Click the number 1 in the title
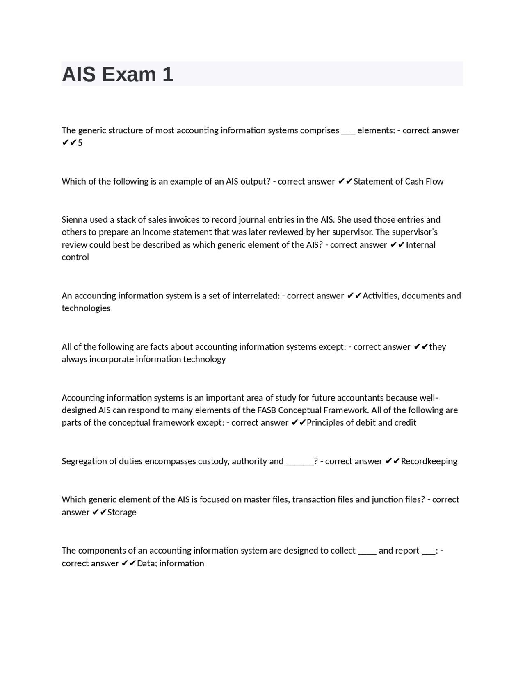[x=168, y=74]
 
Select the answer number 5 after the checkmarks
[x=80, y=143]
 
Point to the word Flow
[x=435, y=181]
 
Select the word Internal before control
[x=421, y=245]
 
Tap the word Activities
[x=381, y=296]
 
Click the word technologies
[x=86, y=308]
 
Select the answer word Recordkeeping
[x=429, y=461]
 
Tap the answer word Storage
[x=122, y=512]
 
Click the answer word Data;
[x=147, y=563]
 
